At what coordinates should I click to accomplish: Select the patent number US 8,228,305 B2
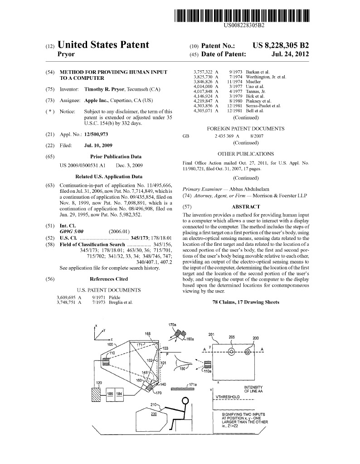(281, 45)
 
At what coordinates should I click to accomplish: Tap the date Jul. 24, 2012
(290, 54)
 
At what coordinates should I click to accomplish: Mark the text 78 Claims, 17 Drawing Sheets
(245, 302)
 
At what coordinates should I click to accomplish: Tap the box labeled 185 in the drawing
(110, 394)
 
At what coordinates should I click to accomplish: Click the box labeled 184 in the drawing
(119, 394)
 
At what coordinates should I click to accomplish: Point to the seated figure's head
(185, 401)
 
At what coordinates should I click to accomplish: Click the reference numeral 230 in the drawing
(154, 413)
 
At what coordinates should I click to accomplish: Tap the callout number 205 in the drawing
(232, 337)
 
